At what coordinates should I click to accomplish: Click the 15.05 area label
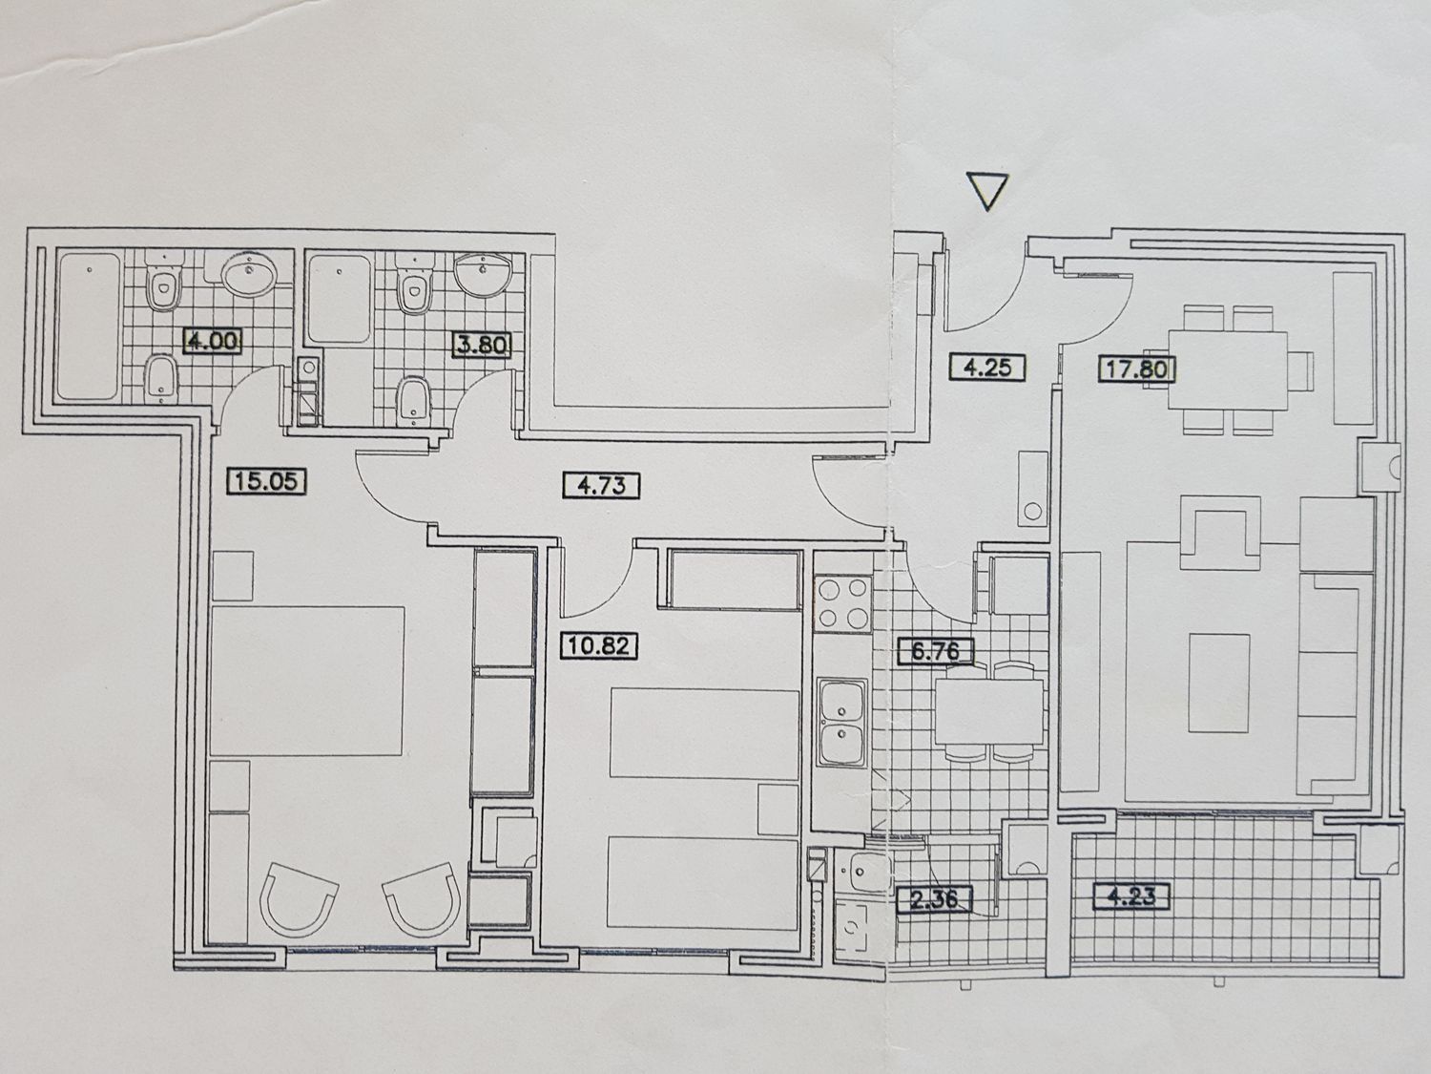(266, 482)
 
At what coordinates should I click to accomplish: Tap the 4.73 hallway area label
(601, 486)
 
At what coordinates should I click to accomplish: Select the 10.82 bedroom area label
(598, 646)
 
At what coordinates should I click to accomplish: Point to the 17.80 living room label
(1137, 369)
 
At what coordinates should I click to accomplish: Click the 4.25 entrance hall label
(987, 368)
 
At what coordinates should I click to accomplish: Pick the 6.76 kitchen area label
(936, 651)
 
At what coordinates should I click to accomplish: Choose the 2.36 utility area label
(934, 899)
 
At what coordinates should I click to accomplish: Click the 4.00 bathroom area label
(213, 341)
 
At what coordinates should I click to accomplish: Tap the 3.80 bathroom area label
(482, 345)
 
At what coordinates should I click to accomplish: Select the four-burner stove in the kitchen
(844, 603)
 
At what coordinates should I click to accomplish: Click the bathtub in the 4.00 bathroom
(89, 326)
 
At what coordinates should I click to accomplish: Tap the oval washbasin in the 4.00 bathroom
(248, 275)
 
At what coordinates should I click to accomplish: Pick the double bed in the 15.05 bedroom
(307, 681)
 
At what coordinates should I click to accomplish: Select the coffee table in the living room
(1218, 684)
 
